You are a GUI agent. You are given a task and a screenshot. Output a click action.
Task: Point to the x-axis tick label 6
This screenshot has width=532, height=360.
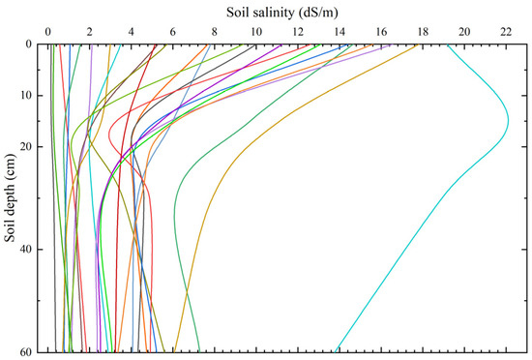click(x=172, y=30)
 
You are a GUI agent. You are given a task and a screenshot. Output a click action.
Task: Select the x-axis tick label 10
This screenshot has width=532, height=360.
click(x=255, y=30)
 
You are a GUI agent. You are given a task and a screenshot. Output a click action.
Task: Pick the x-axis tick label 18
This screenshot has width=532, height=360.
click(x=423, y=30)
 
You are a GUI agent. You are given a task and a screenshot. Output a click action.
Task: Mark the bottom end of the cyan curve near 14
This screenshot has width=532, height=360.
click(x=334, y=350)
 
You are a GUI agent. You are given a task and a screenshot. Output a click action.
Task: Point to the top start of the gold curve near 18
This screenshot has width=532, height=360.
click(x=418, y=45)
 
